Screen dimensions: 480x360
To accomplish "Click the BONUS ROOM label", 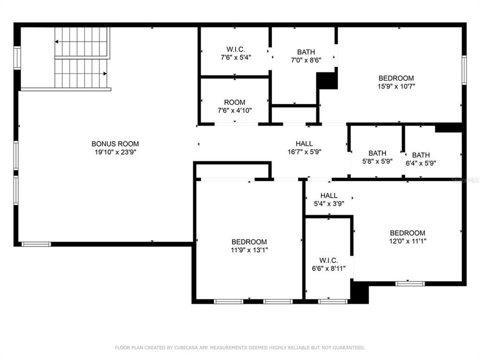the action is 115,143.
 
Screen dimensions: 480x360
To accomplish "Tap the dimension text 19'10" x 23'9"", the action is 115,152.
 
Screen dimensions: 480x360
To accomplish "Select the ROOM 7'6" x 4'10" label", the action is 234,106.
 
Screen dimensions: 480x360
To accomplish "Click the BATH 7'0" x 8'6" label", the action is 306,56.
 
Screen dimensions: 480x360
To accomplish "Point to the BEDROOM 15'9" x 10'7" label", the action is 396,82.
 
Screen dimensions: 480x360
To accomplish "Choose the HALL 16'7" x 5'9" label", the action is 304,147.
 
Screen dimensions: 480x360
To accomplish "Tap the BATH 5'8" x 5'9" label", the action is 377,157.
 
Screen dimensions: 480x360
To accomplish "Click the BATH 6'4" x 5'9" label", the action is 421,159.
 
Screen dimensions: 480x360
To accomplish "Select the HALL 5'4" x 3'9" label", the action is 329,199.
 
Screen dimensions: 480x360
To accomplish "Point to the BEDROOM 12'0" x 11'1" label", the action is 407,237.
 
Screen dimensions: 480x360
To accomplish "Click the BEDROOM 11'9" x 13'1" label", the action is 249,246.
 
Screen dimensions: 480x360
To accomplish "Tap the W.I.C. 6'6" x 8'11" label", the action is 329,264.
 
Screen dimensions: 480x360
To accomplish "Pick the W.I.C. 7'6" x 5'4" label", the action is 235,53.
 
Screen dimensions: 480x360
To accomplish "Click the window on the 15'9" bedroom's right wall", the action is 464,70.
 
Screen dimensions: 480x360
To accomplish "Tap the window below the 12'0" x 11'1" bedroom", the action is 410,284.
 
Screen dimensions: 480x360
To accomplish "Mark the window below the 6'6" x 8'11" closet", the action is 333,301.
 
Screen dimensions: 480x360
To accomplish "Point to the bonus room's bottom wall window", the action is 36,244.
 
